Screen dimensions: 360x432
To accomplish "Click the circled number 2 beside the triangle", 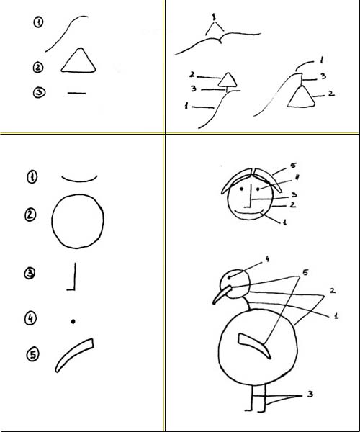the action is pos(38,68).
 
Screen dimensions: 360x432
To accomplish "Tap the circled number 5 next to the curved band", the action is pos(33,354).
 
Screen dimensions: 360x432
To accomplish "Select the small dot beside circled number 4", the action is pos(73,321).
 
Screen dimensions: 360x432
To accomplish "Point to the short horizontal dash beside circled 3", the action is pos(76,93).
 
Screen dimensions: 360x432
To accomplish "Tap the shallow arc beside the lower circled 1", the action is pos(79,181).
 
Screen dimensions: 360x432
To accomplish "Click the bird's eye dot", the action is pos(229,277).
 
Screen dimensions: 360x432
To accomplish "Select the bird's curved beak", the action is pos(222,294).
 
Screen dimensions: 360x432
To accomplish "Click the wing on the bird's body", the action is pos(255,344).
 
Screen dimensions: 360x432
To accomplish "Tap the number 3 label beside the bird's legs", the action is pos(310,395).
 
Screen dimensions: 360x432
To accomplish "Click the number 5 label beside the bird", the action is pos(305,272).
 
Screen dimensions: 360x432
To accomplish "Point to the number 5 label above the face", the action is pos(293,166).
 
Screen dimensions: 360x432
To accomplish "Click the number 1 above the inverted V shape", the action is pos(214,17).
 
